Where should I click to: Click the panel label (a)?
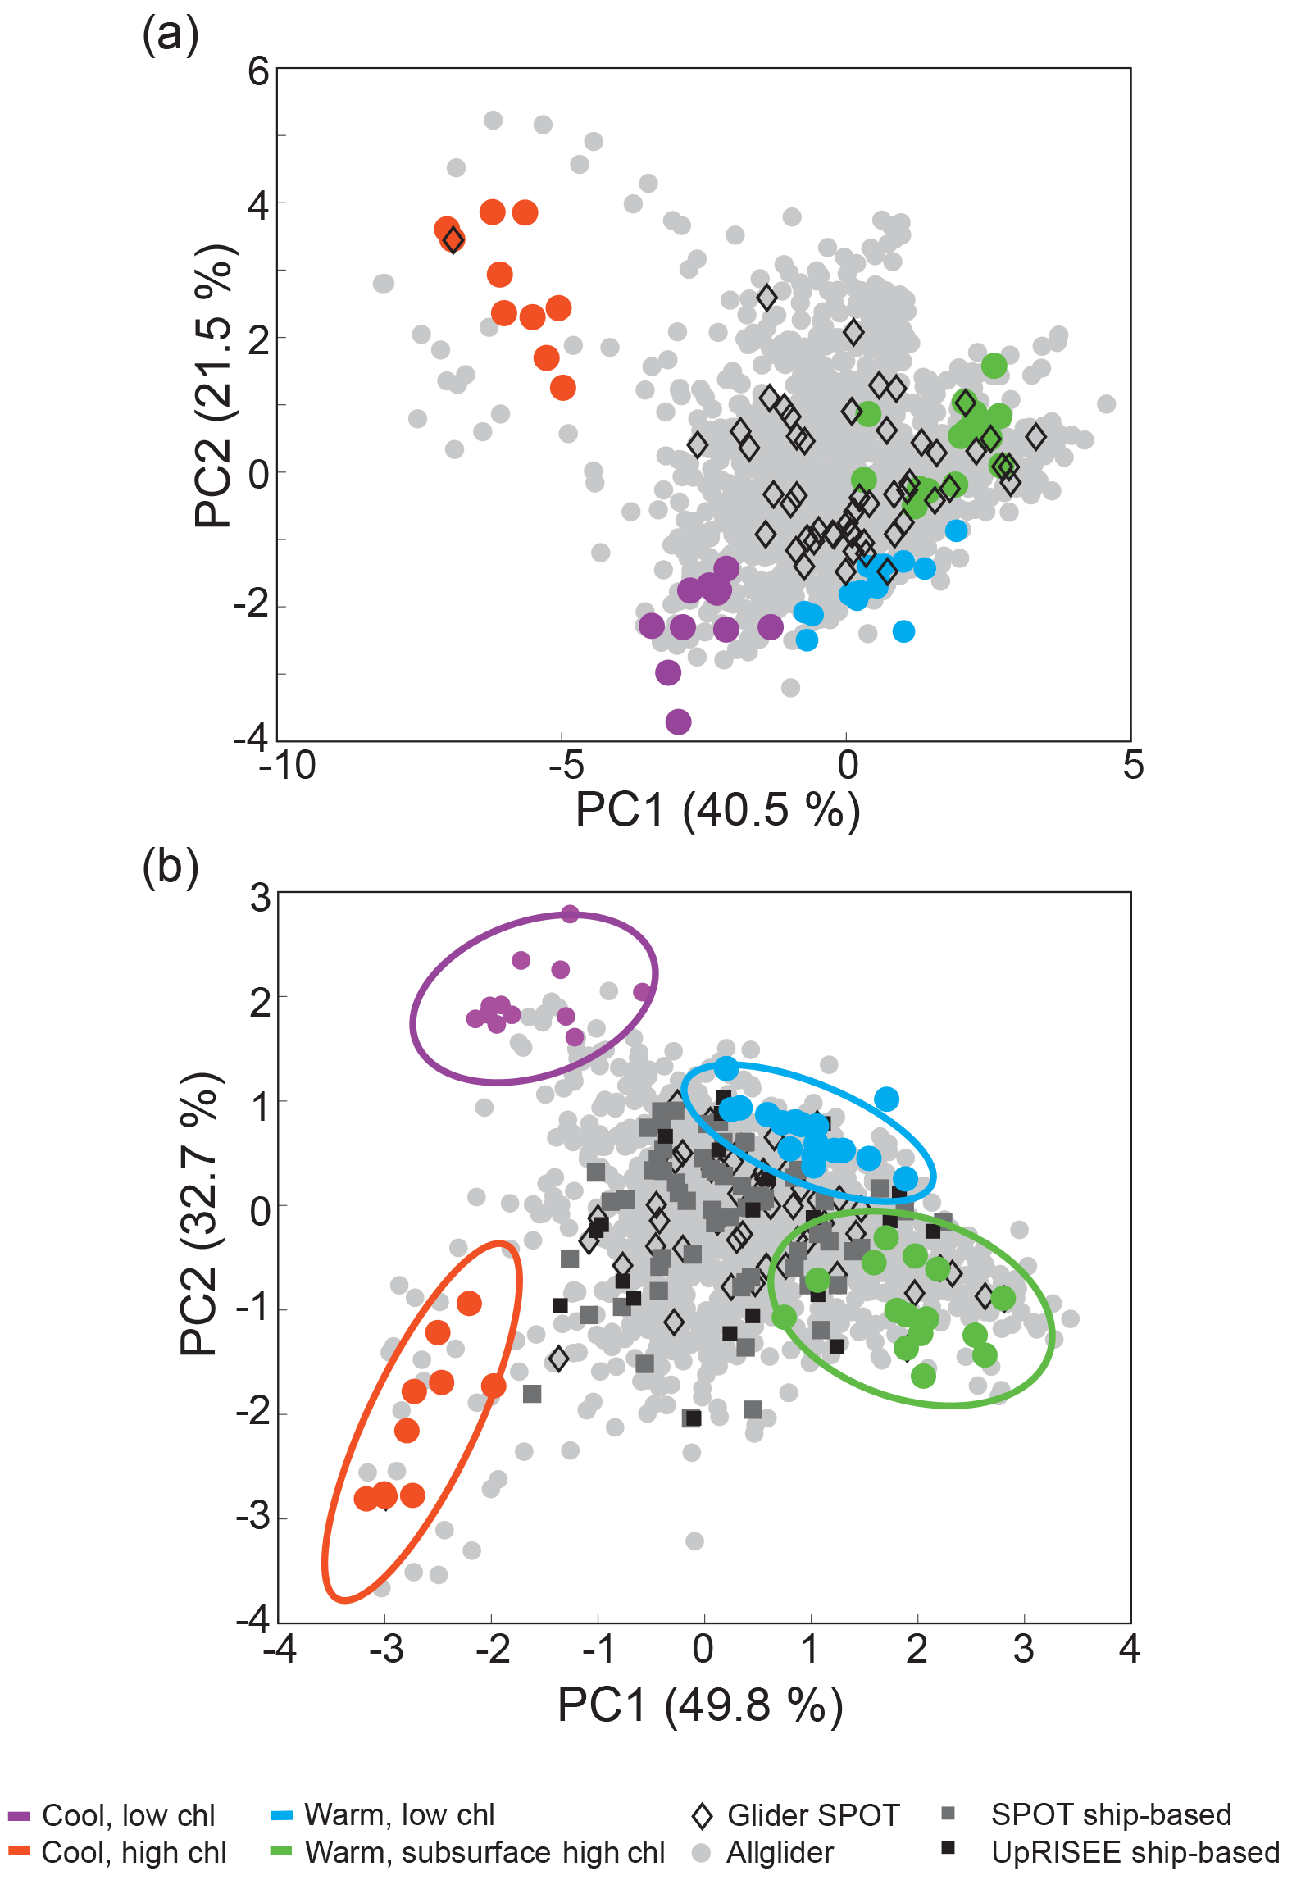pos(171,37)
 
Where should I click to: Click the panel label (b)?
pos(171,867)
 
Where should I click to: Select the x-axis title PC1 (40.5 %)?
pos(717,810)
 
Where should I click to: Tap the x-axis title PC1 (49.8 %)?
pos(700,1706)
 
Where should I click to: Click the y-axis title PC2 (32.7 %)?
pos(199,1213)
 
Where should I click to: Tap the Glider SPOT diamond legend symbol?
pos(702,1816)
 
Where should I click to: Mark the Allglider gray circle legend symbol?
pos(701,1853)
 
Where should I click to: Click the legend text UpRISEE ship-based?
pos(1135,1852)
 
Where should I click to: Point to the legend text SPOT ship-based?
pos(1111,1815)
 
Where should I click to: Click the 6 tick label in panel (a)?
pos(258,72)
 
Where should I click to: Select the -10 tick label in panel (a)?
pos(287,767)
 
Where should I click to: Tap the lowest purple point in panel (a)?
pos(678,722)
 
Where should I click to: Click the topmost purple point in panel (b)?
pos(570,914)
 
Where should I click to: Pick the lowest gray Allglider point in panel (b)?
pos(381,1588)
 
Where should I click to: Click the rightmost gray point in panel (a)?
pos(1107,403)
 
